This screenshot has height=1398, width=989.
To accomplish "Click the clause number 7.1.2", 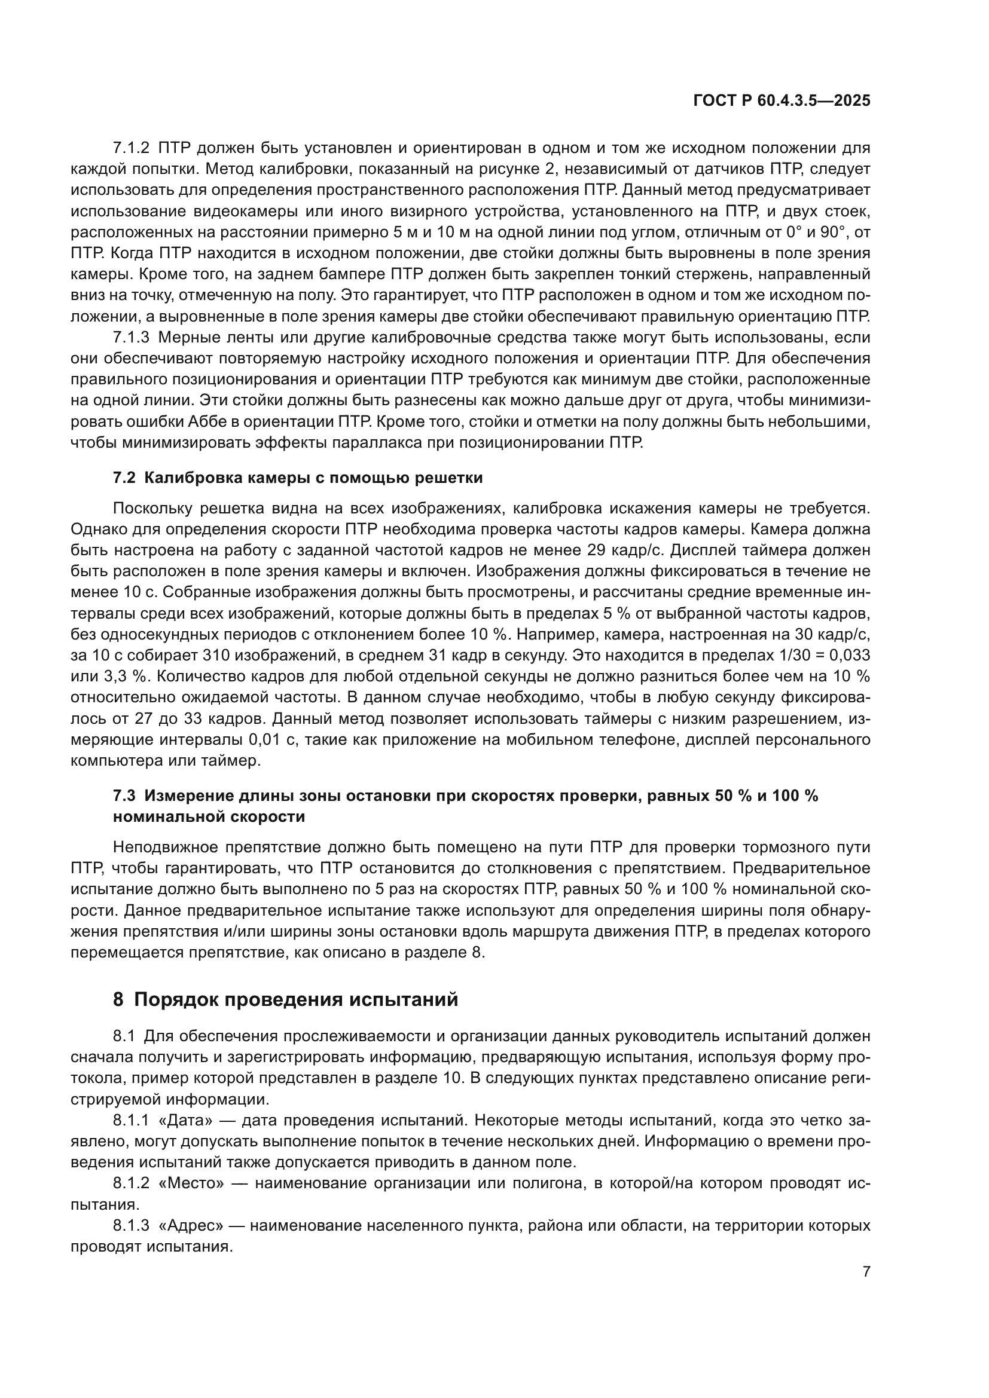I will tap(130, 148).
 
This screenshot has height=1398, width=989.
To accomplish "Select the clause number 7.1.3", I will tap(130, 338).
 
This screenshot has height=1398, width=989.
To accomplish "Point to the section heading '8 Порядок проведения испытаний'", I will tap(285, 1000).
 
